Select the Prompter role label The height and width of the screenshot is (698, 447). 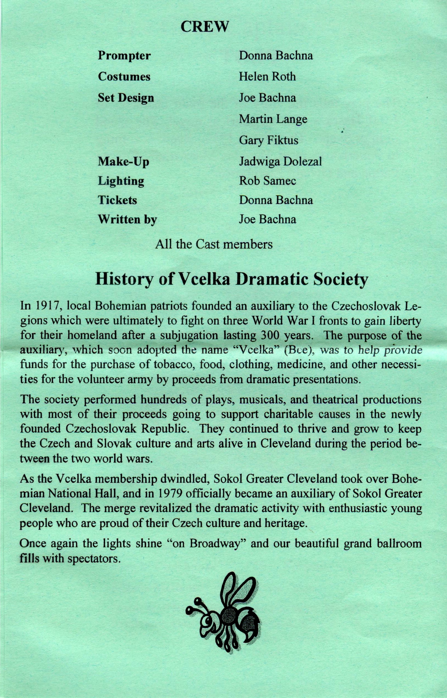124,56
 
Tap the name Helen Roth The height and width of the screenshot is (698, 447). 267,76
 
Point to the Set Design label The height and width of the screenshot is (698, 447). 126,98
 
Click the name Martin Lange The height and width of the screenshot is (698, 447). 273,119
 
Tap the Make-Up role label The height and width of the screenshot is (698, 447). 123,162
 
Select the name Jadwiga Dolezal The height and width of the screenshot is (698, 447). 280,162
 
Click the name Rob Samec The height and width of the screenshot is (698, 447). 267,181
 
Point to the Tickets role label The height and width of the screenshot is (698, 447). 117,200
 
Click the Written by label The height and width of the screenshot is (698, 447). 127,220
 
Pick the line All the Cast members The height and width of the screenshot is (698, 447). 214,244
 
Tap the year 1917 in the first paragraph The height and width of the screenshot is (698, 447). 47,306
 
